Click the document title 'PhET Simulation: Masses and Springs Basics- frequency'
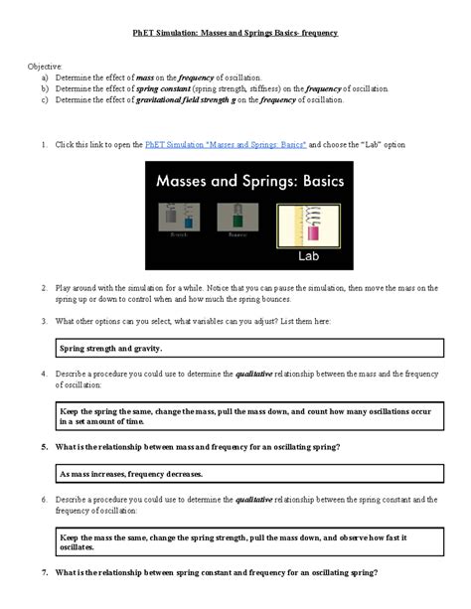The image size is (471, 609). point(235,33)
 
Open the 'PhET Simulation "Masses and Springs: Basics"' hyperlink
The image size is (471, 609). point(226,145)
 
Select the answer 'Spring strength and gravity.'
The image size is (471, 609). point(110,349)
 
